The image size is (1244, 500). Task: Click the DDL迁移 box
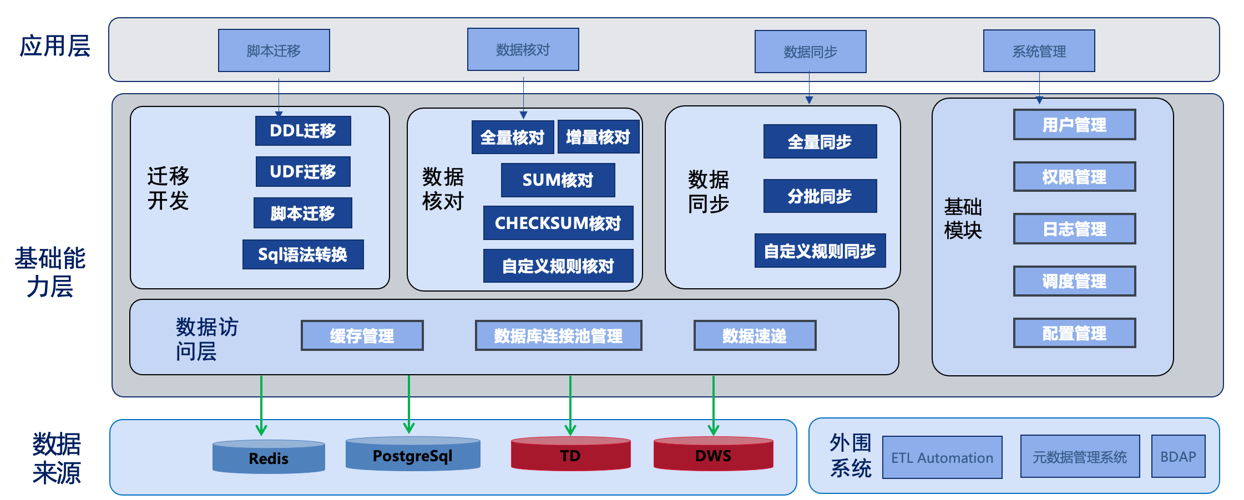pos(303,131)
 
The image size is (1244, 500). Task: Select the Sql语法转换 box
pos(303,254)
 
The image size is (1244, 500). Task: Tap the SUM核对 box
pos(558,180)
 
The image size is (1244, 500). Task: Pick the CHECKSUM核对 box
pos(558,223)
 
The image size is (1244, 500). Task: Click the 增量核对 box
pos(598,137)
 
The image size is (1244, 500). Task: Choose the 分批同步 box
pos(820,196)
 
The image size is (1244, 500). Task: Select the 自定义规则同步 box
pos(820,251)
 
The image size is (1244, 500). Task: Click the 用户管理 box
pos(1074,125)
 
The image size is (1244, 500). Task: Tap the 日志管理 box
pos(1074,228)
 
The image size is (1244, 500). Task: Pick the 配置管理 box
pos(1074,333)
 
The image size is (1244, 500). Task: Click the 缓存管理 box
pos(362,335)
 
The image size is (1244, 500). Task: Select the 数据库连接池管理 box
pos(558,335)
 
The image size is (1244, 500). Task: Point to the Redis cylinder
pos(269,457)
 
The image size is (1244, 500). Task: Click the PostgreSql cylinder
pos(413,455)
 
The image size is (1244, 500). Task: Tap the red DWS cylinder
pos(713,455)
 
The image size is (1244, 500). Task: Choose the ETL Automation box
pos(942,457)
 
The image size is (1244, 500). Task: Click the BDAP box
pos(1178,456)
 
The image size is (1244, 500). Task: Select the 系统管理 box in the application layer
pos(1039,51)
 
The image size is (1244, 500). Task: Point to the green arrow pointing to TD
pos(570,405)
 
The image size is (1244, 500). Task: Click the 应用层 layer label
pos(55,46)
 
